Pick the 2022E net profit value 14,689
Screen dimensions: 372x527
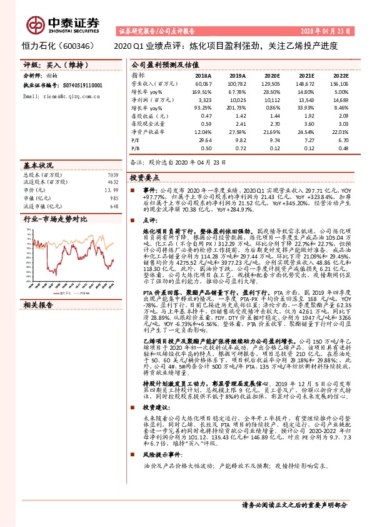tap(338, 100)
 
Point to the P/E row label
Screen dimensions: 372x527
tap(135, 141)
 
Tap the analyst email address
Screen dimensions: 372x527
tap(56, 98)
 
